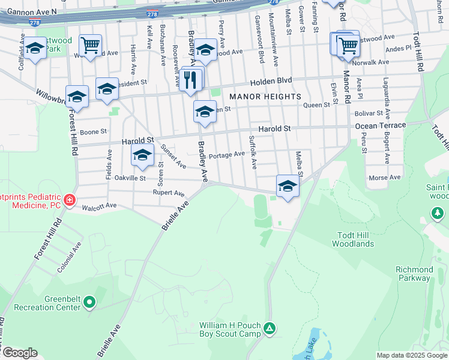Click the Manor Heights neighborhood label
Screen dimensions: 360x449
coord(264,97)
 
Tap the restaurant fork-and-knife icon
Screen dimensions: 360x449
coord(190,80)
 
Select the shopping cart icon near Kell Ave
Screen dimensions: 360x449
coord(90,45)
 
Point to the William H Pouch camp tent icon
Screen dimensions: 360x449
coord(270,329)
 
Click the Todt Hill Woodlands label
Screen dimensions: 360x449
coord(354,239)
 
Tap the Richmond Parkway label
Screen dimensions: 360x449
coord(414,274)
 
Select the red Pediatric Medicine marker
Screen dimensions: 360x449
coord(70,200)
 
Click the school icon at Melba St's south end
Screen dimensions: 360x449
coord(288,186)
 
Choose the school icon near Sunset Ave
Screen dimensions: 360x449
coord(142,155)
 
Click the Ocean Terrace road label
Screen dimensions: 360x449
coord(380,125)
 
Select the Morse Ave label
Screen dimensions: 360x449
coord(384,178)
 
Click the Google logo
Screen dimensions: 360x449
coord(20,353)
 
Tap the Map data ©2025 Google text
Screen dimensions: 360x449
coord(412,355)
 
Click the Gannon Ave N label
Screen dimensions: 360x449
coord(29,11)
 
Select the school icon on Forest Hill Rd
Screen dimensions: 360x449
coord(77,97)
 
